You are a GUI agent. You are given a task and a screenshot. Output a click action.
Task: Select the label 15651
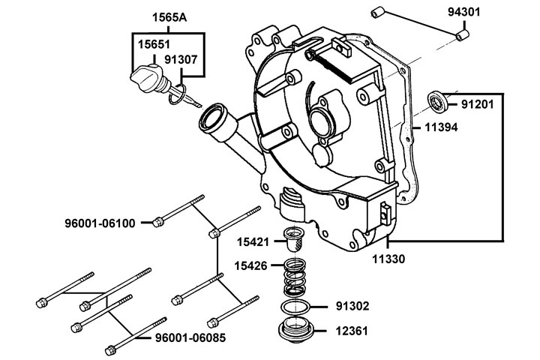point(152,44)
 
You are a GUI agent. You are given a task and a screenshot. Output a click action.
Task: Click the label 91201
point(477,103)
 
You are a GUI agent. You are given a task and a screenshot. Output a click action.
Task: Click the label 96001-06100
point(110,223)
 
